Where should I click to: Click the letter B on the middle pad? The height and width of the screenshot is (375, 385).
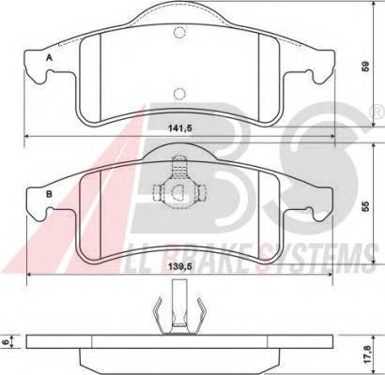click(48, 196)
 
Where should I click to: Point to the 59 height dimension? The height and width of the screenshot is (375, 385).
click(367, 67)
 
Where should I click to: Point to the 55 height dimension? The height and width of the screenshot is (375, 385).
click(367, 205)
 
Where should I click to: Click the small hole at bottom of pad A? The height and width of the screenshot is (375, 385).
click(181, 109)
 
